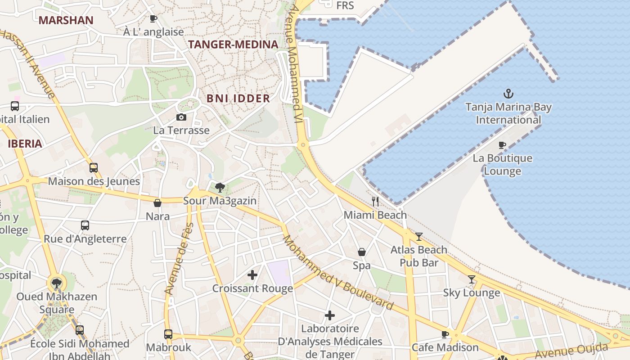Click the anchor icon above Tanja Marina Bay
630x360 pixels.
coord(508,94)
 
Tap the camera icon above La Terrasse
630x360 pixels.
coord(181,117)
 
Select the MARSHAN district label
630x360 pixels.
coord(66,20)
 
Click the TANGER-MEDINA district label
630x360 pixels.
coord(233,45)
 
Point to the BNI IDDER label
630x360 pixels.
coord(238,99)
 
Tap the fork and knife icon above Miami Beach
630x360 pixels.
coord(375,201)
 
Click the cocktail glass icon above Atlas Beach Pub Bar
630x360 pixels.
coord(419,236)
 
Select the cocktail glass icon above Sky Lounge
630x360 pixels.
coord(471,279)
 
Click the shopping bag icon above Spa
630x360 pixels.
coord(361,252)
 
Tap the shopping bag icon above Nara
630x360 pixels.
coord(157,203)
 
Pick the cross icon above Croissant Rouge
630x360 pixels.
coord(252,274)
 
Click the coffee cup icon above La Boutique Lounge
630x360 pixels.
coord(502,145)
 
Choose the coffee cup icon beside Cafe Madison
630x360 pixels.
coord(445,334)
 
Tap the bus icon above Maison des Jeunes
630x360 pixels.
coord(94,168)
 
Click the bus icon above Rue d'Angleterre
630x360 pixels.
coord(85,225)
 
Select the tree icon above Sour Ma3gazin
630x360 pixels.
coord(220,187)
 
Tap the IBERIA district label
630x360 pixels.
coord(25,144)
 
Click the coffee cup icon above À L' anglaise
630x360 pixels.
coord(153,18)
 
